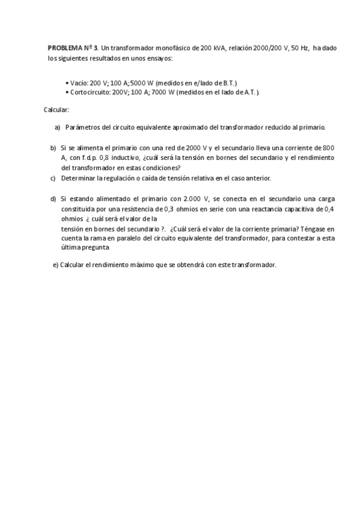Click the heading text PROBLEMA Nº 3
(x=73, y=48)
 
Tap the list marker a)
(x=58, y=127)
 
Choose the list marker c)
(x=53, y=178)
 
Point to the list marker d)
(x=53, y=198)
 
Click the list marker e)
(x=56, y=265)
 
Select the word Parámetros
(x=83, y=127)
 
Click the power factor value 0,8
(x=111, y=158)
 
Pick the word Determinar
(x=81, y=178)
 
